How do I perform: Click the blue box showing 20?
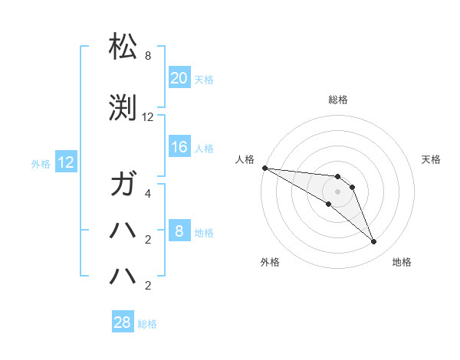click(179, 78)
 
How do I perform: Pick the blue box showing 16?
click(179, 148)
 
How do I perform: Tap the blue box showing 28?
click(123, 323)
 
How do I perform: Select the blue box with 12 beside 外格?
click(66, 162)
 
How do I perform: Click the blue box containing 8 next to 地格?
click(179, 232)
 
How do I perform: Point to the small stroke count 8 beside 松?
click(147, 57)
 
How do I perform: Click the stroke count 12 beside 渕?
click(148, 117)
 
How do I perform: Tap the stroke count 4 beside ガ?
click(147, 194)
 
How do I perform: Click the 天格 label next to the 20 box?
click(204, 80)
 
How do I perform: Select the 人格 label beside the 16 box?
click(204, 149)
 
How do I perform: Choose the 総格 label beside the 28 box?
click(147, 324)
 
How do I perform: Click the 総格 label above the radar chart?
click(337, 100)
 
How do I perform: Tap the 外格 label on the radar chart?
click(270, 262)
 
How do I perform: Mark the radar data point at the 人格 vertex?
click(264, 168)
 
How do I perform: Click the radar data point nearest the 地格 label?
click(374, 242)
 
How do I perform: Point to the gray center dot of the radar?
click(337, 191)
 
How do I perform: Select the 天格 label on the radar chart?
click(432, 159)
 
